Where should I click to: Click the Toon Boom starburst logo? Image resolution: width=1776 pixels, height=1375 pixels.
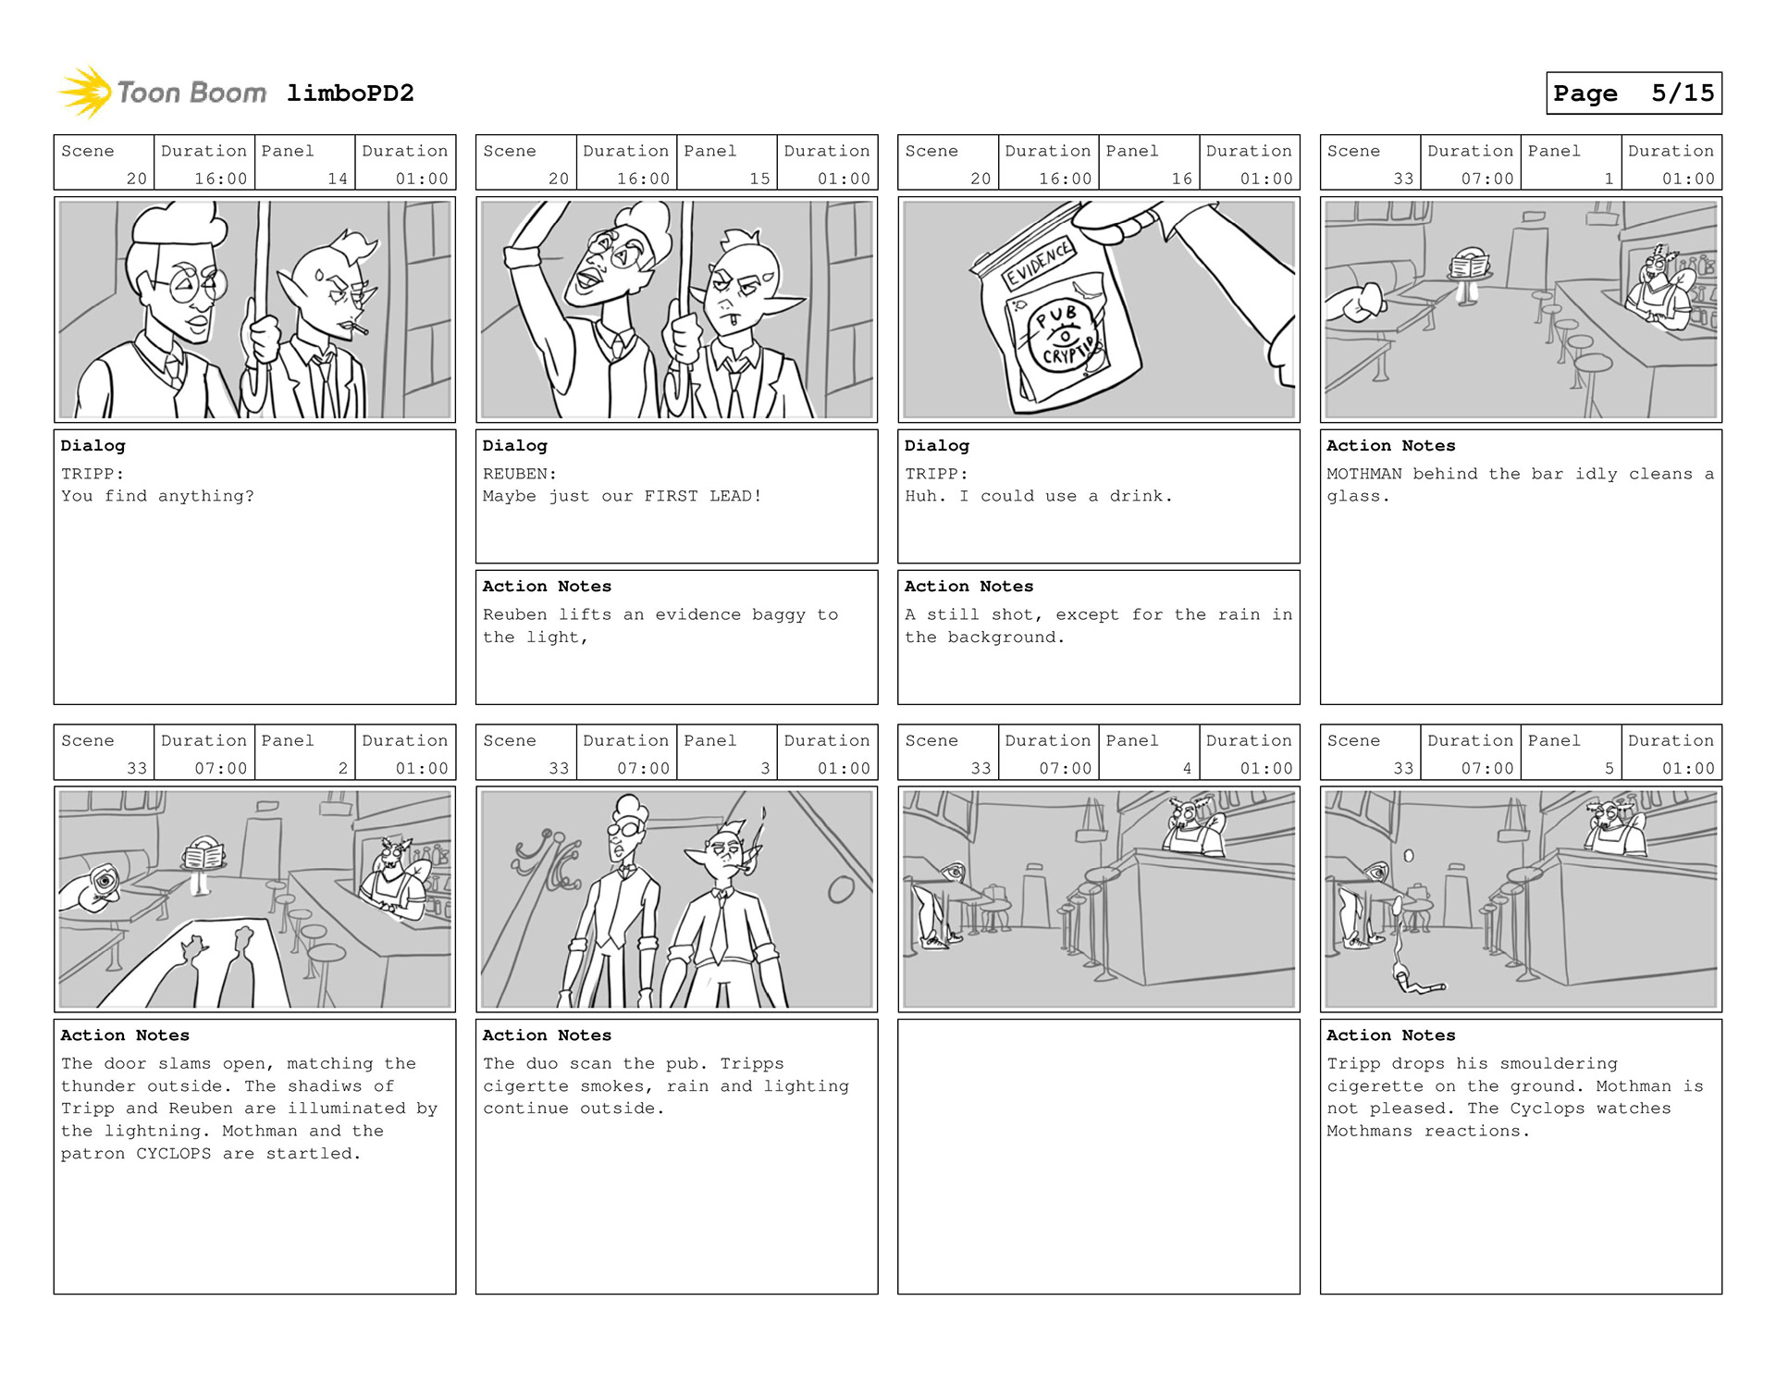(x=85, y=93)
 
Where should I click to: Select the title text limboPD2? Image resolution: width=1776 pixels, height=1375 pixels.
(x=350, y=93)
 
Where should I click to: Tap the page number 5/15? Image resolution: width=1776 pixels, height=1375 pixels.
(x=1682, y=93)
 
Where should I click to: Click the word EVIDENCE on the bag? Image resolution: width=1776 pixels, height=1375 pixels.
(x=1039, y=263)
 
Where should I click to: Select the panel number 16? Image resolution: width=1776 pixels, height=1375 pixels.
(x=1181, y=179)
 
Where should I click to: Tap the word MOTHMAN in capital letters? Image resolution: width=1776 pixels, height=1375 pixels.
(x=1363, y=474)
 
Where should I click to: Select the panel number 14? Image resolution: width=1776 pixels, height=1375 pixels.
(x=337, y=179)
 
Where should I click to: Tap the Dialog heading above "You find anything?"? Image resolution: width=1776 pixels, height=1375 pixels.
(x=92, y=446)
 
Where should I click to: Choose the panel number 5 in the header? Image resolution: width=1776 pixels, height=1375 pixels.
(x=1609, y=768)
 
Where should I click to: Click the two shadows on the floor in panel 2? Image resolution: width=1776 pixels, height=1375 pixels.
(x=218, y=962)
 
